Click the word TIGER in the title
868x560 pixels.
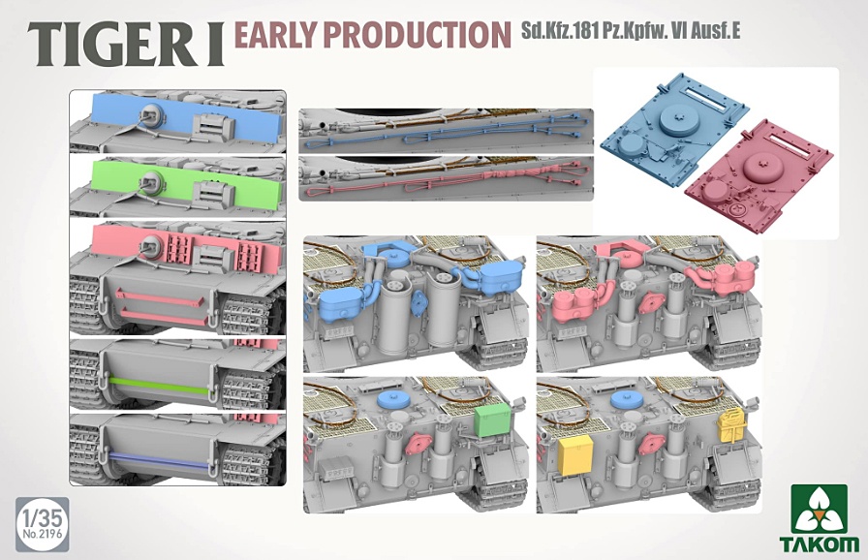108,45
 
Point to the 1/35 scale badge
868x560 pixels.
43,524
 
